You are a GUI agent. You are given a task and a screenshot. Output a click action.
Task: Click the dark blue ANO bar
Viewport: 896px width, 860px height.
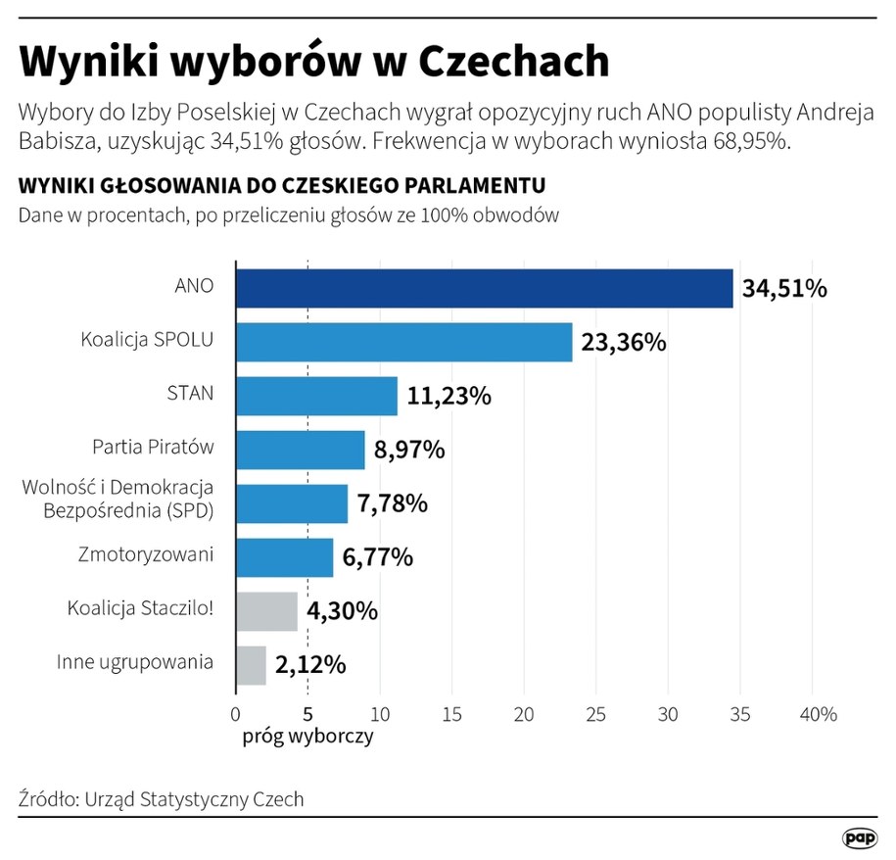484,288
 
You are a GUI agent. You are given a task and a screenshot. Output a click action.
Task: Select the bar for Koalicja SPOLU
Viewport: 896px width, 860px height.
403,342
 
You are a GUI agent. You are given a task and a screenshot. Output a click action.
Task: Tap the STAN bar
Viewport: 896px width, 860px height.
316,396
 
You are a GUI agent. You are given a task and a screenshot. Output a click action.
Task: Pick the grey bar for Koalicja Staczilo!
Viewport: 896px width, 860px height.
266,610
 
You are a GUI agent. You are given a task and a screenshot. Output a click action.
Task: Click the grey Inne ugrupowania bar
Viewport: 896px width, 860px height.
251,664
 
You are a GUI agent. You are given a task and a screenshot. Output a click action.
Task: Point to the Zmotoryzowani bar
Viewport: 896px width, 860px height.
284,556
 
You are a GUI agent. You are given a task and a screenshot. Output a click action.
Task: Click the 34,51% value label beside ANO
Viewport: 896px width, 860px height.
784,289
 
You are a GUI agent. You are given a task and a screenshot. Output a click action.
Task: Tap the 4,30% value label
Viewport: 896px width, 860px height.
341,611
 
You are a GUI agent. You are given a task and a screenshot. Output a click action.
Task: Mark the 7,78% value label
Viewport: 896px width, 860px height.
392,503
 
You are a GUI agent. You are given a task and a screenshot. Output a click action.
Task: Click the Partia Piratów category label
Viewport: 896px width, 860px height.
153,448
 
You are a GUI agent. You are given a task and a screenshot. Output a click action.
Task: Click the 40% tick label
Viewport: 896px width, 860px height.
819,714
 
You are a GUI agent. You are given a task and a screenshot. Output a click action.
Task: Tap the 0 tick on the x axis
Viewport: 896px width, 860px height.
236,714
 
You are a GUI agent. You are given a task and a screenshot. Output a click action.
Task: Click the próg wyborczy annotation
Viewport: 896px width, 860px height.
307,736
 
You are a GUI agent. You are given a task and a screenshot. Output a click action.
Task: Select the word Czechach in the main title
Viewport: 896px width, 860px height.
514,61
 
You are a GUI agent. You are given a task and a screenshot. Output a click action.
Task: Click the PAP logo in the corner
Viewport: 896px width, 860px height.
860,838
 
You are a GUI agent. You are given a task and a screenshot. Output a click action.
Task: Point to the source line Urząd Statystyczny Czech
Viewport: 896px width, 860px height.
162,798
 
